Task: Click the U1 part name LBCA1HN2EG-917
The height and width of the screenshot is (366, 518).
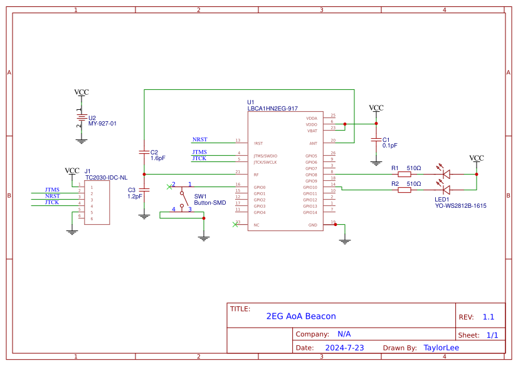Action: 272,109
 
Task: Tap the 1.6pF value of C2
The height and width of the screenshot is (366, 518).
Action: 158,158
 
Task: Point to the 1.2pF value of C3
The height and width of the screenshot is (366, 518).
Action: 135,196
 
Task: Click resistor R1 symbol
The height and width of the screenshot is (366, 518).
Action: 404,175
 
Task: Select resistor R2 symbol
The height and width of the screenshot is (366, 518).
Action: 404,190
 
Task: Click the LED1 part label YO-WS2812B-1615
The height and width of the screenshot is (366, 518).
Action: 460,205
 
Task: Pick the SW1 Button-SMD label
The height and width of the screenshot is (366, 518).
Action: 209,203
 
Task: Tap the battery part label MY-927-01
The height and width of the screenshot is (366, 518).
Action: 102,124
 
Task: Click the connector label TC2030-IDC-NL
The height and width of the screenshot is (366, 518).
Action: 106,178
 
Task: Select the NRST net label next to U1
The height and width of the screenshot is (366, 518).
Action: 200,139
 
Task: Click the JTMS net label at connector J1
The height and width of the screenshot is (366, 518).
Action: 52,190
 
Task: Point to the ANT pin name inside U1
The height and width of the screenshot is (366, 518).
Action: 314,143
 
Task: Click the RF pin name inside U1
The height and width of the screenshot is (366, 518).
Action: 256,175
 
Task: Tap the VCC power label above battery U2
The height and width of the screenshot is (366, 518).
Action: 82,92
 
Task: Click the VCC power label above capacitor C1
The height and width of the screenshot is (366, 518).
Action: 376,108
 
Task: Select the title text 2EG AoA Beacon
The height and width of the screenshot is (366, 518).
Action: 301,316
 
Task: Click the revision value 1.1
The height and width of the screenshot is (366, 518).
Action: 489,317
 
